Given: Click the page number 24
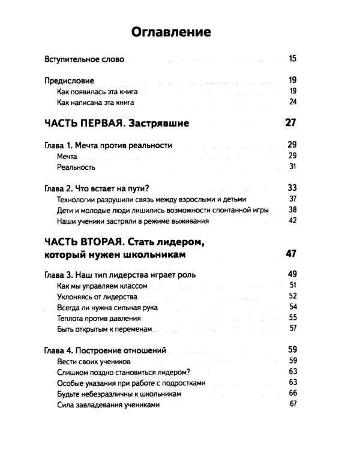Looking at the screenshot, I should pos(293,103).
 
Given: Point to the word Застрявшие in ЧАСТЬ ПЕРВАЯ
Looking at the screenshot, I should pos(158,124).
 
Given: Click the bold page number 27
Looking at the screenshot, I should pos(291,124).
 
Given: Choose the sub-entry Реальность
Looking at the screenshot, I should pos(76,167).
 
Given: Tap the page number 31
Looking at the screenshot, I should pos(293,167).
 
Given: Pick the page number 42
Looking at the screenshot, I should pos(293,221).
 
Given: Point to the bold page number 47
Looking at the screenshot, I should pos(291,253).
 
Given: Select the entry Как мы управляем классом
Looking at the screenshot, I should pos(100,286).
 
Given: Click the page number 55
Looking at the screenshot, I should pos(293,317).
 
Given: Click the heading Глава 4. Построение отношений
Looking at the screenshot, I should pos(105,350).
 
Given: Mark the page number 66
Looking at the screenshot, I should pos(293,393).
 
